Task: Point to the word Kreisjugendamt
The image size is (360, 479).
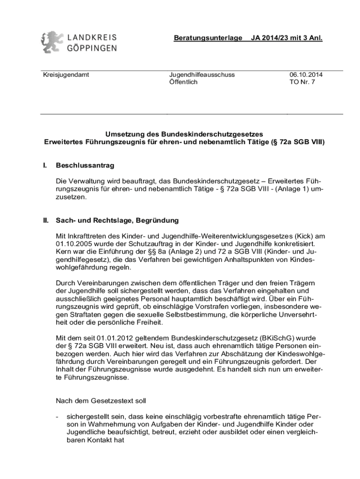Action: [64, 74]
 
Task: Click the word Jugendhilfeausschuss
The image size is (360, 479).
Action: [202, 74]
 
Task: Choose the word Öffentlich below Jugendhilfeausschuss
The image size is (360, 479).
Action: [183, 82]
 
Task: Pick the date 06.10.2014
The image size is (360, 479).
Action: [306, 74]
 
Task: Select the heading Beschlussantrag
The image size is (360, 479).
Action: [85, 166]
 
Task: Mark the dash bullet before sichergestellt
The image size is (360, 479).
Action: [57, 416]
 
